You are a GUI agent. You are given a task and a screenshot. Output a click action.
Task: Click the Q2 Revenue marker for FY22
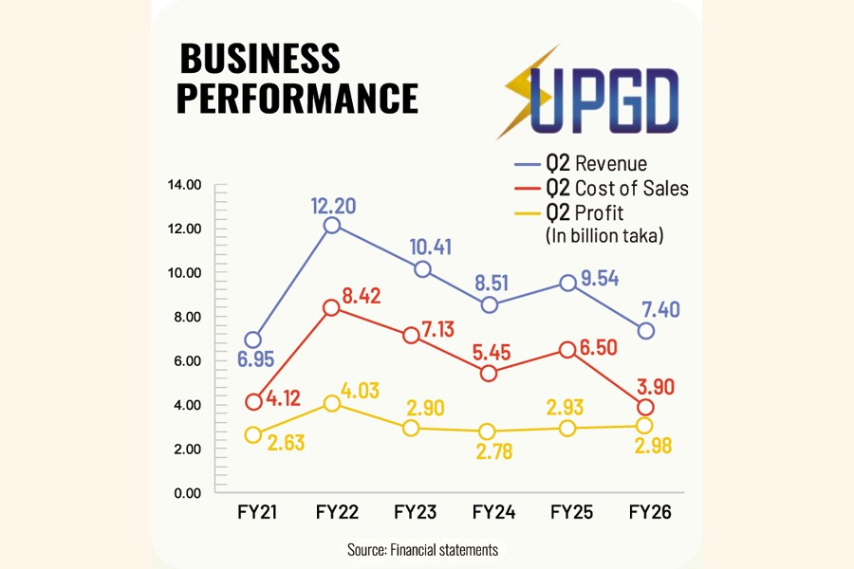(331, 225)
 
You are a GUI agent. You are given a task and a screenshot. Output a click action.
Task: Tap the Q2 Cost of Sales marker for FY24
(490, 373)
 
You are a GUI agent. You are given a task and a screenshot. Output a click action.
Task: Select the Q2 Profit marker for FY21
(252, 434)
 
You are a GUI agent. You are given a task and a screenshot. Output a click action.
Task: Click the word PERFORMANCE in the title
(298, 98)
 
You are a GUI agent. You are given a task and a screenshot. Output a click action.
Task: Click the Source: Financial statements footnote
(424, 549)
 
